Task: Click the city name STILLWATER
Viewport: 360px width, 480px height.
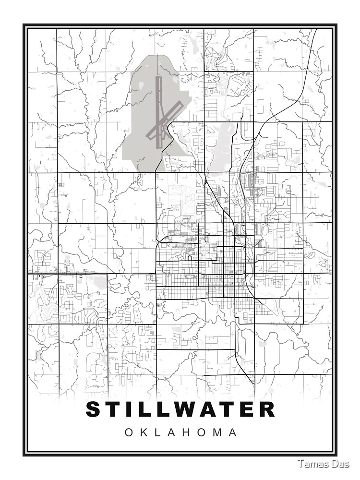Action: tap(180, 409)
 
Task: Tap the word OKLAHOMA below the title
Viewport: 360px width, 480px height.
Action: tap(180, 432)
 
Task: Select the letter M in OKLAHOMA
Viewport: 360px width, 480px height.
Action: tap(216, 432)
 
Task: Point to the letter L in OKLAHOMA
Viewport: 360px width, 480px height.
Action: tap(159, 432)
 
